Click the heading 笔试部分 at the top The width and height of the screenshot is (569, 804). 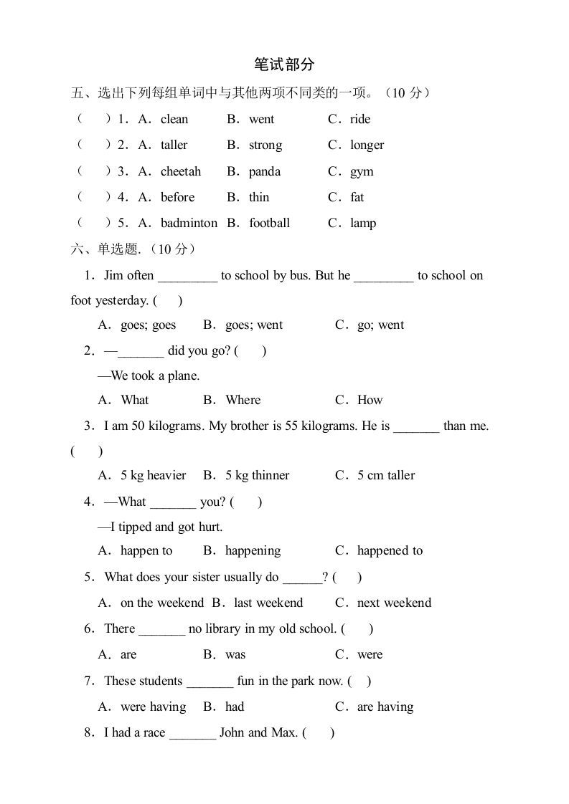click(284, 64)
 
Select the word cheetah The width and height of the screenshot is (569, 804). click(181, 171)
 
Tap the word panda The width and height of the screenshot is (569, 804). click(265, 171)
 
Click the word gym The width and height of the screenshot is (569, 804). click(362, 172)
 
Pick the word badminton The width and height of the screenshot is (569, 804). click(189, 223)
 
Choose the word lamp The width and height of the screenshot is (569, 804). click(363, 223)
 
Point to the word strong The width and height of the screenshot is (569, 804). click(265, 145)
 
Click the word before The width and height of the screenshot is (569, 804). click(177, 197)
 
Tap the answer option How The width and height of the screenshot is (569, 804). click(370, 400)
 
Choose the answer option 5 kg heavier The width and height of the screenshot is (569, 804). click(153, 475)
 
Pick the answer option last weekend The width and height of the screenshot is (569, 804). click(268, 603)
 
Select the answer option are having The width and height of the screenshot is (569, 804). click(385, 707)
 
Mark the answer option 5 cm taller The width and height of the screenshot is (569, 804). click(386, 475)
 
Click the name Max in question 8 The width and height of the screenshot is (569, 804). click(283, 732)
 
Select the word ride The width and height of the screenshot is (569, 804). click(360, 119)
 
